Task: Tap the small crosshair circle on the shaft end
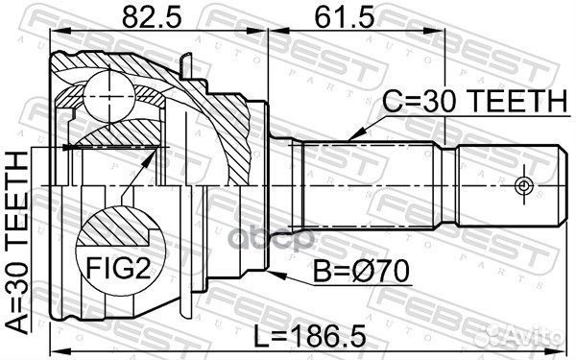point(522,184)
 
